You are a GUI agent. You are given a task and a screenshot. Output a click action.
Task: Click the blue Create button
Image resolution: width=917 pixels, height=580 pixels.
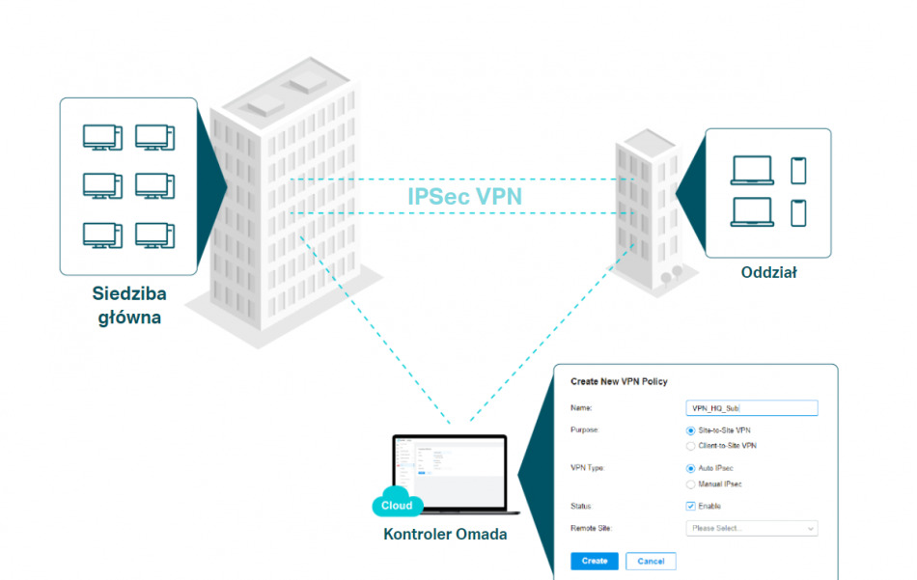pos(595,561)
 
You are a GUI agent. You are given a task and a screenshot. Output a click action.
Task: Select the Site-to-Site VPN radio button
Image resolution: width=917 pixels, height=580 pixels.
pos(691,430)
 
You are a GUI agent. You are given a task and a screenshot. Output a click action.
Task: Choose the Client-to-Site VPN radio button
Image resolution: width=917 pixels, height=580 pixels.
pos(691,446)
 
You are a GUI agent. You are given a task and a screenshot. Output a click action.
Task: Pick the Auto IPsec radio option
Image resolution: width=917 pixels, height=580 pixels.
pos(691,468)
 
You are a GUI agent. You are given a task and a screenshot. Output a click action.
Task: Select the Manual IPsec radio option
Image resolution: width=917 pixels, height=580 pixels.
pos(691,483)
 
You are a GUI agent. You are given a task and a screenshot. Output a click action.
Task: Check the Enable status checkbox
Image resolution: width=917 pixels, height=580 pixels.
pos(691,506)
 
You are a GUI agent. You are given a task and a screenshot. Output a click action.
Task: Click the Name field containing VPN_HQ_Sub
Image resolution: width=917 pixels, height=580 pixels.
pos(751,408)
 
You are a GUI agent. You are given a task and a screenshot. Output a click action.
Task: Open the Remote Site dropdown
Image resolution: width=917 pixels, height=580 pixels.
pos(751,528)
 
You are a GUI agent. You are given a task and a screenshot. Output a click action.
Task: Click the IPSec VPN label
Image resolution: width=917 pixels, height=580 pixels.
pos(464,197)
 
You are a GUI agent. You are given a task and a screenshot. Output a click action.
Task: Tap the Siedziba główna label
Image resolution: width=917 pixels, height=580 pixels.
pos(128,305)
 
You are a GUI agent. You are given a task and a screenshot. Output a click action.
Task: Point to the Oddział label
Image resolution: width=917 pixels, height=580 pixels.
pos(768,272)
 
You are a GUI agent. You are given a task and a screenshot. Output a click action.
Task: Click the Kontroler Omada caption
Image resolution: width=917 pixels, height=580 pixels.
pos(445,534)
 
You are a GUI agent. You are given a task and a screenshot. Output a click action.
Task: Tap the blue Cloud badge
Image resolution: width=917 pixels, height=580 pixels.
pos(397,506)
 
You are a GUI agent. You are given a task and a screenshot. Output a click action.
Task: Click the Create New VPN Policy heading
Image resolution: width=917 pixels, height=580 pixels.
pos(619,382)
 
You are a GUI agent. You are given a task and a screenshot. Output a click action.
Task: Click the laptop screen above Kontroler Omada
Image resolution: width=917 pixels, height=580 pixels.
pos(450,473)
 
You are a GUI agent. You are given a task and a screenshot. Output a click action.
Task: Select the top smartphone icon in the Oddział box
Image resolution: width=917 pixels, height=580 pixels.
pos(798,170)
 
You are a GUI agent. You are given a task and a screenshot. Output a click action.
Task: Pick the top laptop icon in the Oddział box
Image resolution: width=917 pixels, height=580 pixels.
pos(752,170)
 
